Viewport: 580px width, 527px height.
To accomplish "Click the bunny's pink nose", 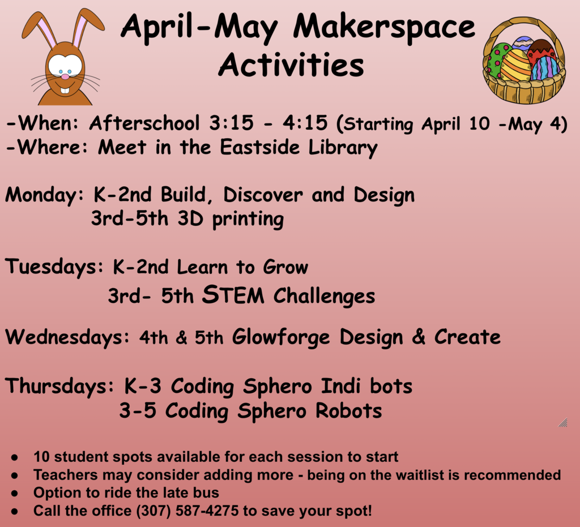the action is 65,76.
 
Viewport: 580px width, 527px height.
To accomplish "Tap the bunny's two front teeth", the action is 65,91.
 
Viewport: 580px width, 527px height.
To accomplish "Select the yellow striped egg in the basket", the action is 515,66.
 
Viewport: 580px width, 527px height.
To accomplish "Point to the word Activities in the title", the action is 291,65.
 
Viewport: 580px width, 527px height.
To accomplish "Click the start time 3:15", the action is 231,123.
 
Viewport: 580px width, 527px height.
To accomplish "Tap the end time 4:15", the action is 305,123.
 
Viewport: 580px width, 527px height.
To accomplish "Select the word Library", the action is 343,148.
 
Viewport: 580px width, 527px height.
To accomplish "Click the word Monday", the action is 45,195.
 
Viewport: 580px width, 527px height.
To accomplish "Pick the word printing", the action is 248,220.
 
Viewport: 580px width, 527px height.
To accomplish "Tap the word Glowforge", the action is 281,337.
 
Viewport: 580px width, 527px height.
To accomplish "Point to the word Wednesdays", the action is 67,337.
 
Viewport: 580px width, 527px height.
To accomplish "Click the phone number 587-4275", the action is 207,511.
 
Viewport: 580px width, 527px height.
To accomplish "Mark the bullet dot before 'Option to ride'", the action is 15,494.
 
